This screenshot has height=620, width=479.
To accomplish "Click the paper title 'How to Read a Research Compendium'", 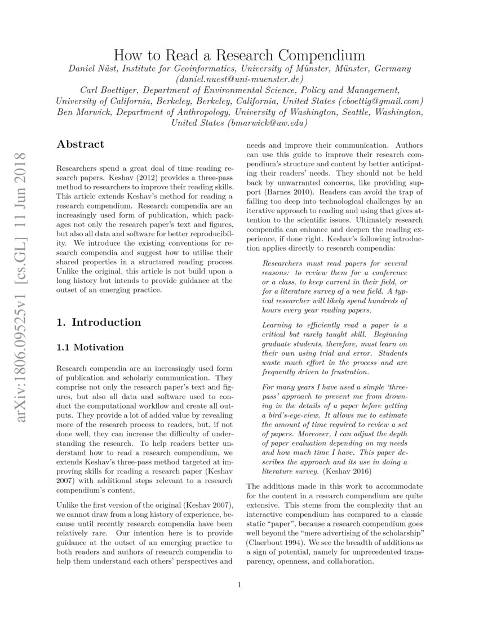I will point(239,55).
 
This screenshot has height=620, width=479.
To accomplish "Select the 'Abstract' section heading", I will point(81,144).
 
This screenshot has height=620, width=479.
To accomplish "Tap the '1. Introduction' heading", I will point(99,322).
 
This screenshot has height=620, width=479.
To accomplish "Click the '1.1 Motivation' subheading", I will point(90,347).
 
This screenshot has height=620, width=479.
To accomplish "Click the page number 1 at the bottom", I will point(239,585).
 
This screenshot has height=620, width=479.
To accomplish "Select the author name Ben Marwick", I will point(82,112).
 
